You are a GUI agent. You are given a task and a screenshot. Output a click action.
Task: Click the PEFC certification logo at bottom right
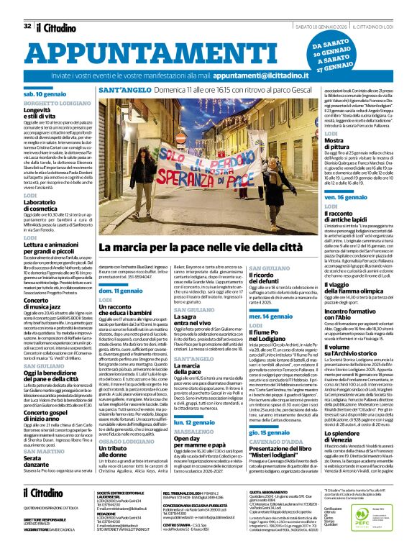tap(373, 523)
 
